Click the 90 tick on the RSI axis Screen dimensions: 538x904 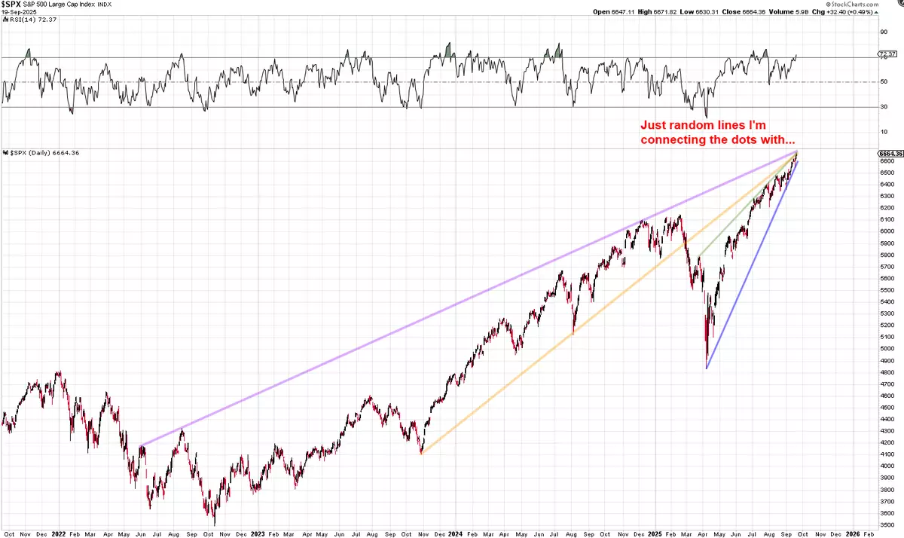coord(883,32)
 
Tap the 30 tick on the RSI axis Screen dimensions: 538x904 coord(883,107)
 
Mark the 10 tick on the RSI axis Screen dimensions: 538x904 coord(883,132)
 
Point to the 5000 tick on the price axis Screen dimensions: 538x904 coord(886,348)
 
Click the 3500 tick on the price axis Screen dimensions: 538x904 coord(886,524)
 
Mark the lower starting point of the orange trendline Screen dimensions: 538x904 coord(421,454)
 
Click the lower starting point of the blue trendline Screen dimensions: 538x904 coord(707,368)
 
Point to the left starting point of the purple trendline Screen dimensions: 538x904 coord(141,445)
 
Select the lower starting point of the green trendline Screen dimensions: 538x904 coord(699,256)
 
